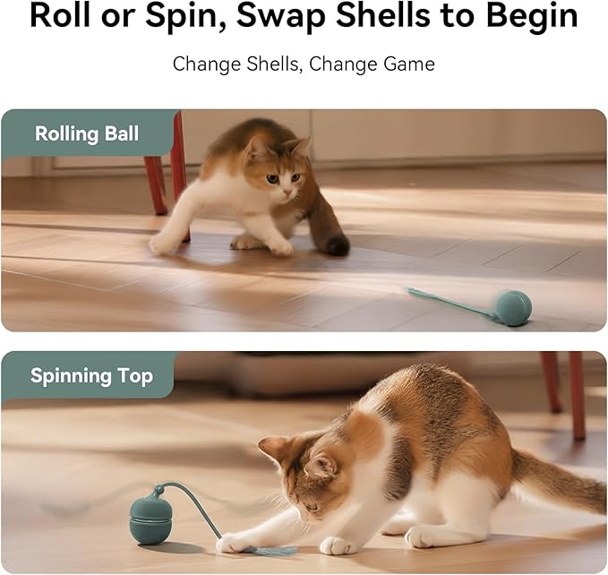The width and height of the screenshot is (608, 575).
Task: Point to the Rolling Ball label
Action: (x=87, y=134)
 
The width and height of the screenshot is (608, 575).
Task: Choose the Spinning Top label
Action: (x=91, y=376)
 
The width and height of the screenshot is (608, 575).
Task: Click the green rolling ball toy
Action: (x=514, y=307)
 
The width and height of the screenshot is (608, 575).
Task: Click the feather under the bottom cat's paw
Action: (x=268, y=549)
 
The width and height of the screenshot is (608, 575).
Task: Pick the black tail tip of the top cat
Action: (x=338, y=245)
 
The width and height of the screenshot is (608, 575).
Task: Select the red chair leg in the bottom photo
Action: (x=576, y=394)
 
